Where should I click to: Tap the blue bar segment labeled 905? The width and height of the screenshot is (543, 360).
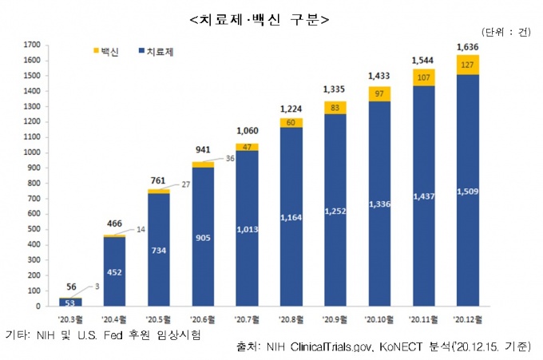(x=203, y=235)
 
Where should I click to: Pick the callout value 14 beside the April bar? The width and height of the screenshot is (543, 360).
(x=141, y=230)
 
